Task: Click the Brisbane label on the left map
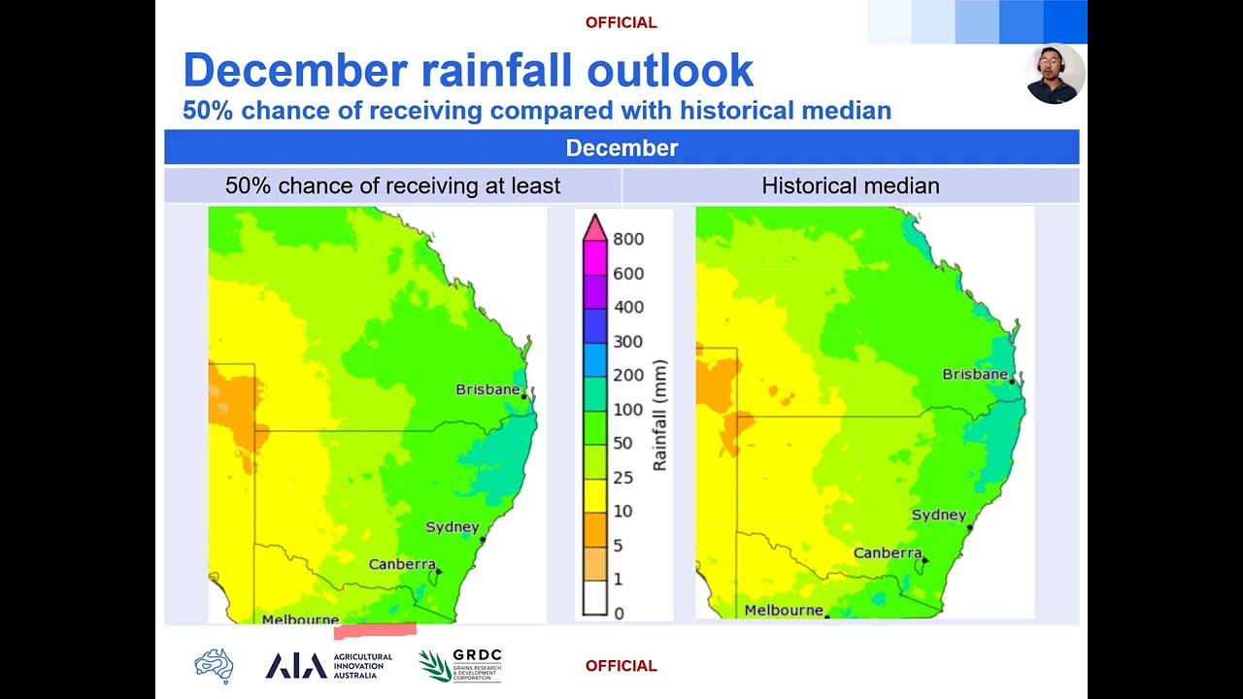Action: click(x=487, y=389)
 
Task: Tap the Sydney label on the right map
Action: click(x=938, y=515)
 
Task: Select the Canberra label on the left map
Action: click(x=401, y=564)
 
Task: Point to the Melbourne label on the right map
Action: click(x=783, y=611)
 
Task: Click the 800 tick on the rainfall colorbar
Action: click(x=627, y=239)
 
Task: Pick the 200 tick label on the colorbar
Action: click(x=627, y=376)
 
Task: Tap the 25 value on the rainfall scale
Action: click(x=622, y=478)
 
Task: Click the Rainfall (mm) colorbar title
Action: click(x=660, y=415)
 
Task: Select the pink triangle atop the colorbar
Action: click(x=594, y=228)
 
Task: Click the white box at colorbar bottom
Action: click(x=594, y=597)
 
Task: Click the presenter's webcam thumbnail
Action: click(x=1055, y=74)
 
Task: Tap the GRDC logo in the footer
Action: click(x=460, y=665)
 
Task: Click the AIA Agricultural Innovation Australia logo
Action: click(x=328, y=665)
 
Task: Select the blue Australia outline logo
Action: click(x=214, y=666)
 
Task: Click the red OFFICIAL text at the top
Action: click(x=621, y=22)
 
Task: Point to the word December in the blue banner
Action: click(x=621, y=148)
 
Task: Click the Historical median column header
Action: click(x=850, y=185)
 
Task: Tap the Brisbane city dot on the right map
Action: click(x=1011, y=382)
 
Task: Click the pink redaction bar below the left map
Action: click(x=375, y=631)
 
